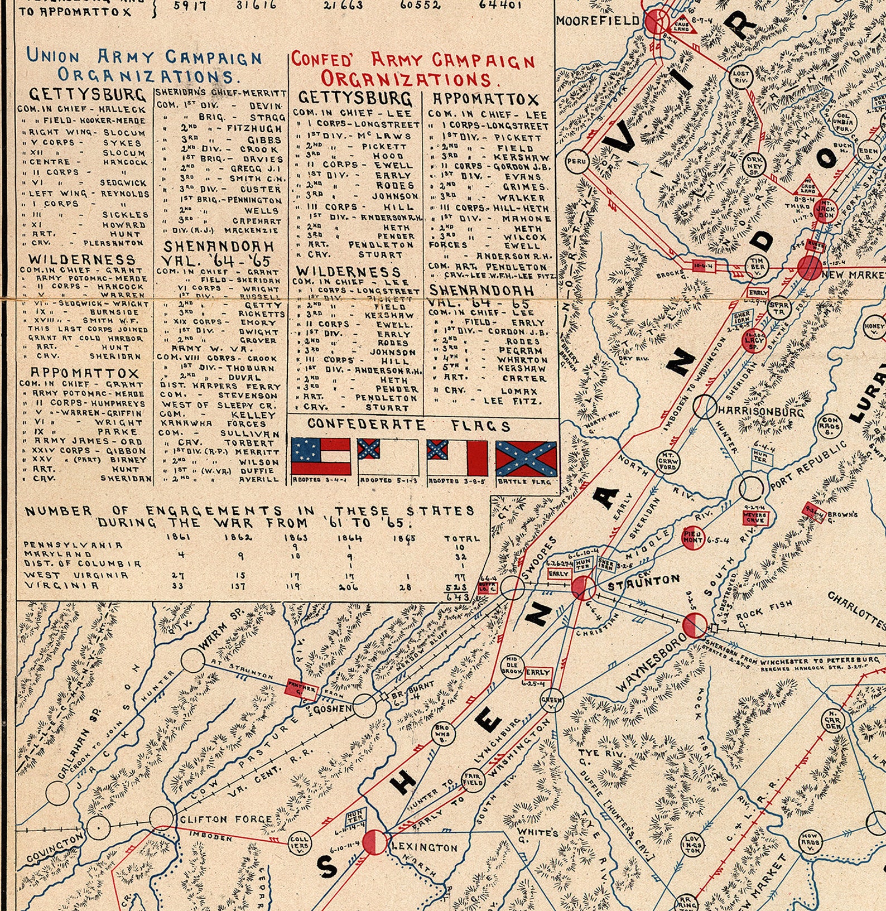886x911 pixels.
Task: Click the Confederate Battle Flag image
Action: pos(526,458)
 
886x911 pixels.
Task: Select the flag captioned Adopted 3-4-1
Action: pos(320,456)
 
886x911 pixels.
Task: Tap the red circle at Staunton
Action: pos(584,587)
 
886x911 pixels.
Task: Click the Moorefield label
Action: pos(598,21)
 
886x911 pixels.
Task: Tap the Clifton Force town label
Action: pos(225,819)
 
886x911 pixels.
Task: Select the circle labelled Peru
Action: pos(576,162)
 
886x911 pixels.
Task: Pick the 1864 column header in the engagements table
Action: pos(349,538)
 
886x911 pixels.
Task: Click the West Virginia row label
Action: pos(76,575)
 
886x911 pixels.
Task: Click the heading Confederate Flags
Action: pos(408,425)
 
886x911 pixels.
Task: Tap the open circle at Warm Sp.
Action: pos(192,660)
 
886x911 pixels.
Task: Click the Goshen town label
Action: pos(332,708)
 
